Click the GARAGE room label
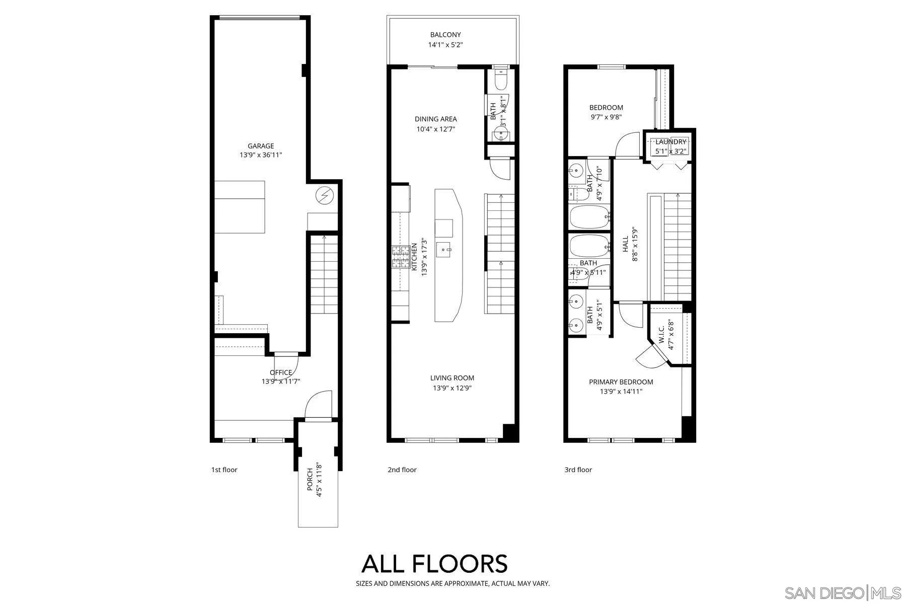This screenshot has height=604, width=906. point(261,146)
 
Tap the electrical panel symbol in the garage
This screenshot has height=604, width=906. point(325,195)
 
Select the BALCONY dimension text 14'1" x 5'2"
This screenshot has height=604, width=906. point(445,45)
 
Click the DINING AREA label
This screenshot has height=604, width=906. point(436,119)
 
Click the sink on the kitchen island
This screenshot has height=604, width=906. point(444,248)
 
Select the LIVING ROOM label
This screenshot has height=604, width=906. point(452,378)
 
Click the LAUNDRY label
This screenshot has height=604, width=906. point(670,142)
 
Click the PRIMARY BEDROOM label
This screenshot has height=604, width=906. point(621,382)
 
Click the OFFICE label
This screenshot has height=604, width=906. point(281,372)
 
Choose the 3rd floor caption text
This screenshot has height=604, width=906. point(578,470)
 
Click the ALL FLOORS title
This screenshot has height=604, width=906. point(434,564)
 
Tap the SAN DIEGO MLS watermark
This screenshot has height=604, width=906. point(844,592)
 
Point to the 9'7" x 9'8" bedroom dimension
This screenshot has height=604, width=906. point(606,117)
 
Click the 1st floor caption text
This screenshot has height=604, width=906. point(224,470)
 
